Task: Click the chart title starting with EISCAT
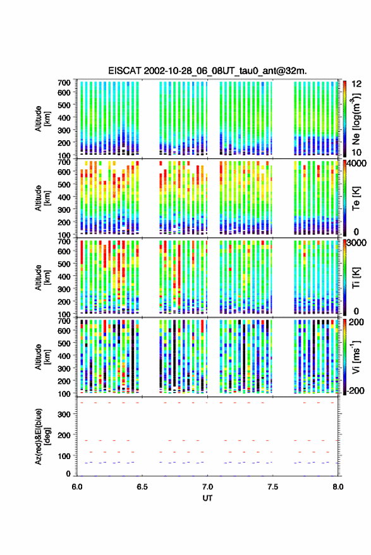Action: pyautogui.click(x=208, y=71)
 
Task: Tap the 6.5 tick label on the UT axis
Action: pyautogui.click(x=142, y=487)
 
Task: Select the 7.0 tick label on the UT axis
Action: pyautogui.click(x=207, y=487)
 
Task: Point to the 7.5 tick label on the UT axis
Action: pyautogui.click(x=272, y=487)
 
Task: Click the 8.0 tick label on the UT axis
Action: pyautogui.click(x=338, y=487)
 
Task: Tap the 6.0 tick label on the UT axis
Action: pyautogui.click(x=77, y=487)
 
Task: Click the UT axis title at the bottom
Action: pyautogui.click(x=207, y=498)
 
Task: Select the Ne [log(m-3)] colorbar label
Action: pyautogui.click(x=356, y=119)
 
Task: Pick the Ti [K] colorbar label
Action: pyautogui.click(x=356, y=278)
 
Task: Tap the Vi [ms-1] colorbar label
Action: pyautogui.click(x=356, y=357)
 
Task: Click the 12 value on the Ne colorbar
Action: pyautogui.click(x=356, y=84)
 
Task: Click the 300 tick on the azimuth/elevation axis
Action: pyautogui.click(x=64, y=414)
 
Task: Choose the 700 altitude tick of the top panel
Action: pyautogui.click(x=64, y=83)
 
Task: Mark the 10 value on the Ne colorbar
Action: pyautogui.click(x=356, y=152)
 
